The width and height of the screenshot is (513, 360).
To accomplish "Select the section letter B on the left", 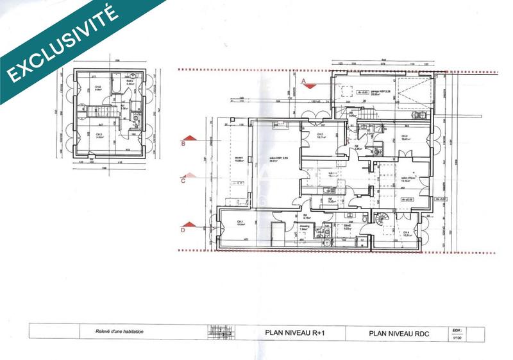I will tap(183, 144).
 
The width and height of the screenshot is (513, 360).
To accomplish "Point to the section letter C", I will tap(183, 180).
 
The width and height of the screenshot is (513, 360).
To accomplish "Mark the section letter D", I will tap(183, 228).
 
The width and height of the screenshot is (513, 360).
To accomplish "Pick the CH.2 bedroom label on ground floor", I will tap(320, 134).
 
